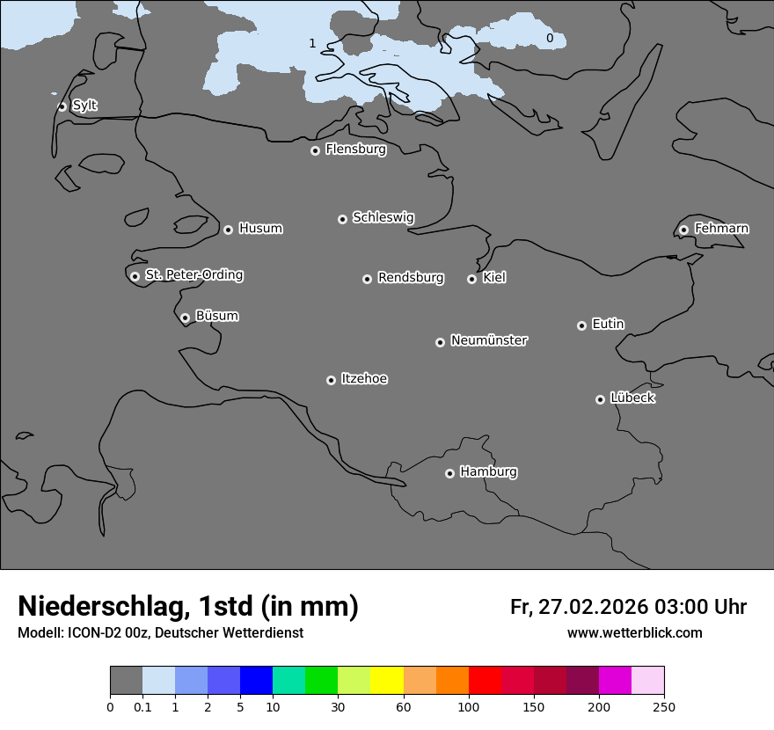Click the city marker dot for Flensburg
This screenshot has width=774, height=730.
click(x=315, y=150)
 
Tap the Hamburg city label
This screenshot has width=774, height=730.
click(x=488, y=471)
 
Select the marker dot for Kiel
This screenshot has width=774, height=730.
click(x=471, y=279)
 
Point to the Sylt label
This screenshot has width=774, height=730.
click(x=84, y=106)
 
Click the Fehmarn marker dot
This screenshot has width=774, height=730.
click(x=683, y=230)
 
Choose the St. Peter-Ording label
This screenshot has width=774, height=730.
click(x=193, y=274)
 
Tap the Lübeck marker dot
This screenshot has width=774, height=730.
click(x=600, y=399)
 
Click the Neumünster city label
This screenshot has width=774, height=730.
click(x=489, y=339)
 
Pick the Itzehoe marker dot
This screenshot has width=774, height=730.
click(x=331, y=380)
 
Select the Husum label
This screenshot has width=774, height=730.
click(x=260, y=228)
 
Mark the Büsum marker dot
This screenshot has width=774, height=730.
click(x=185, y=318)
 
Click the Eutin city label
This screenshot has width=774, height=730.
click(x=608, y=324)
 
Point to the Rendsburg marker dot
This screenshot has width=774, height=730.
click(x=367, y=279)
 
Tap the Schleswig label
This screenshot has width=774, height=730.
click(x=383, y=217)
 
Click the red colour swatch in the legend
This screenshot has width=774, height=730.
click(x=485, y=681)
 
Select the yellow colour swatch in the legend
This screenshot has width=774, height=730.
click(x=387, y=681)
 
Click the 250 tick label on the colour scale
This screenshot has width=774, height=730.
click(x=664, y=706)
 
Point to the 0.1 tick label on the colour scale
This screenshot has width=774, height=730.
click(x=142, y=706)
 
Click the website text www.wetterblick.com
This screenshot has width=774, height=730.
click(x=634, y=632)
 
